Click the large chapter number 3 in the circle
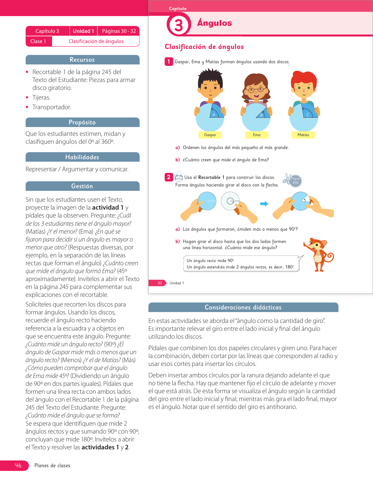(178, 25)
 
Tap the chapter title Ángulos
(214, 23)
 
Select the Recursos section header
(82, 60)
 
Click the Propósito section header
(82, 122)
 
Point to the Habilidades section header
(82, 157)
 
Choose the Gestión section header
(82, 186)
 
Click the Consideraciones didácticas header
(243, 307)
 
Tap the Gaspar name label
(210, 135)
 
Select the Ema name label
(257, 135)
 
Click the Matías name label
(303, 135)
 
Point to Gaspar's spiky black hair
(210, 75)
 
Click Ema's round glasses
(256, 89)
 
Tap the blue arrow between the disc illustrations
(264, 204)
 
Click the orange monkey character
(318, 254)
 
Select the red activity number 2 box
(169, 177)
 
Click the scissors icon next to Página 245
(287, 179)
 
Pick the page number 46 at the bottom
(18, 465)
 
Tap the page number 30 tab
(159, 283)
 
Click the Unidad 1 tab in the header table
(83, 31)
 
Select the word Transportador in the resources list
(52, 107)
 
